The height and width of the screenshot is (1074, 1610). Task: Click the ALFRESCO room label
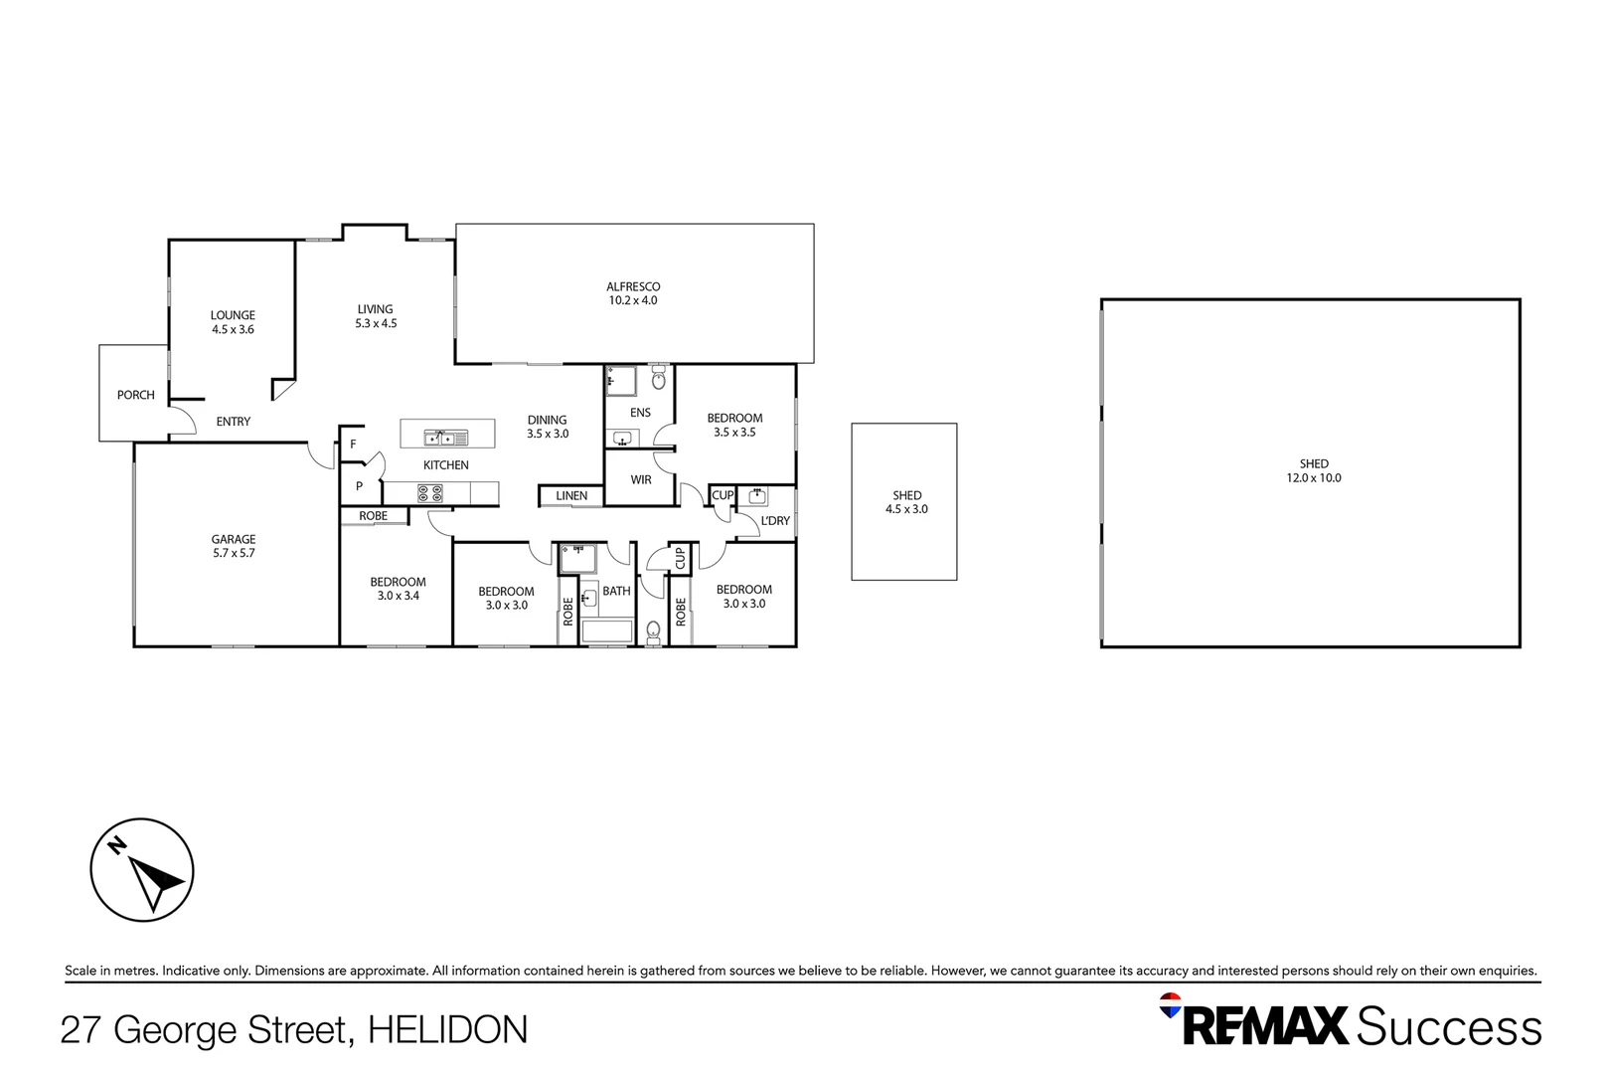click(x=633, y=286)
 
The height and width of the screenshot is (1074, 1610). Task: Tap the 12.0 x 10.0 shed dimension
click(x=1314, y=477)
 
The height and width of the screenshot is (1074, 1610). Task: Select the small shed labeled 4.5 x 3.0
click(x=904, y=501)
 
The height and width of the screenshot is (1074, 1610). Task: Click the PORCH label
click(x=136, y=395)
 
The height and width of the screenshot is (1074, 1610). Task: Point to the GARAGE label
click(x=234, y=539)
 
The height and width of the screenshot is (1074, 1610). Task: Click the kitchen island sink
click(x=446, y=437)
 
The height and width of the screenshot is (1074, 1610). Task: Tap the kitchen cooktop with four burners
click(x=430, y=493)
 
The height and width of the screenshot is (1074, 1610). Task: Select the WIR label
click(x=641, y=479)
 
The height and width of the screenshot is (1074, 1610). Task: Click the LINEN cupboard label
click(x=571, y=495)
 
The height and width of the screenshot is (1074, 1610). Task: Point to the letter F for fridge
click(x=353, y=445)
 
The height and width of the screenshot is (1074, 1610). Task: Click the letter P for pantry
click(x=360, y=486)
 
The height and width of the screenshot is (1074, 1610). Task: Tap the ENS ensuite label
click(x=640, y=412)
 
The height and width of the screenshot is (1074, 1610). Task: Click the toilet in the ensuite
click(x=659, y=378)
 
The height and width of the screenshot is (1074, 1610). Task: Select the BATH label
click(x=616, y=592)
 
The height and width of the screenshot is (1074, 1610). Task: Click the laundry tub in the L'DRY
click(x=756, y=495)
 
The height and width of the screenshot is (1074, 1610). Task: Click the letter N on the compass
click(x=116, y=846)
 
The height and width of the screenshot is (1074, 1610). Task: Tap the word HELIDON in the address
click(x=448, y=1029)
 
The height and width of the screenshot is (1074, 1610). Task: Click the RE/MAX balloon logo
click(x=1170, y=1005)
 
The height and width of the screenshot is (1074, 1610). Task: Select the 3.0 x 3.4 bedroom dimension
click(x=399, y=596)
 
